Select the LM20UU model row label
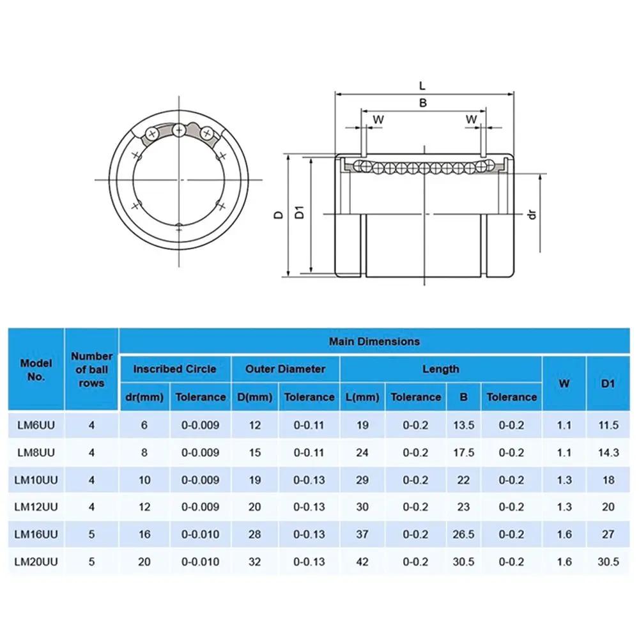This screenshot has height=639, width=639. [x=36, y=562]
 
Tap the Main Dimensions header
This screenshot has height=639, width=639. [x=374, y=341]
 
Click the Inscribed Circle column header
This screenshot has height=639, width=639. [x=174, y=369]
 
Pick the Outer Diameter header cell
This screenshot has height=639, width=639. [x=285, y=369]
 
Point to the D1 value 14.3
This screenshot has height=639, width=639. [x=608, y=452]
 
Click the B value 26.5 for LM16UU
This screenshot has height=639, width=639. [x=463, y=534]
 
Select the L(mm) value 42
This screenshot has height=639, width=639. [x=362, y=562]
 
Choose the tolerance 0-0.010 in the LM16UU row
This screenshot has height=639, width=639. [x=200, y=534]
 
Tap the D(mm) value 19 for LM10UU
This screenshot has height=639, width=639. [x=254, y=480]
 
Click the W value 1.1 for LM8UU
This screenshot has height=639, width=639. [x=564, y=452]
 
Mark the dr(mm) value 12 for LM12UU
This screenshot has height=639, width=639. [x=144, y=507]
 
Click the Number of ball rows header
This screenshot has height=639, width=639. [x=92, y=369]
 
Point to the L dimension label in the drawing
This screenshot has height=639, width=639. [x=422, y=85]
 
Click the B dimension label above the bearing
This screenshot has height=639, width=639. [x=422, y=102]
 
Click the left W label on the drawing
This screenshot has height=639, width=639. [x=378, y=119]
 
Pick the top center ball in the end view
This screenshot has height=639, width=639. [x=179, y=130]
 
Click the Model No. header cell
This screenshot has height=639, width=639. [x=36, y=369]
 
